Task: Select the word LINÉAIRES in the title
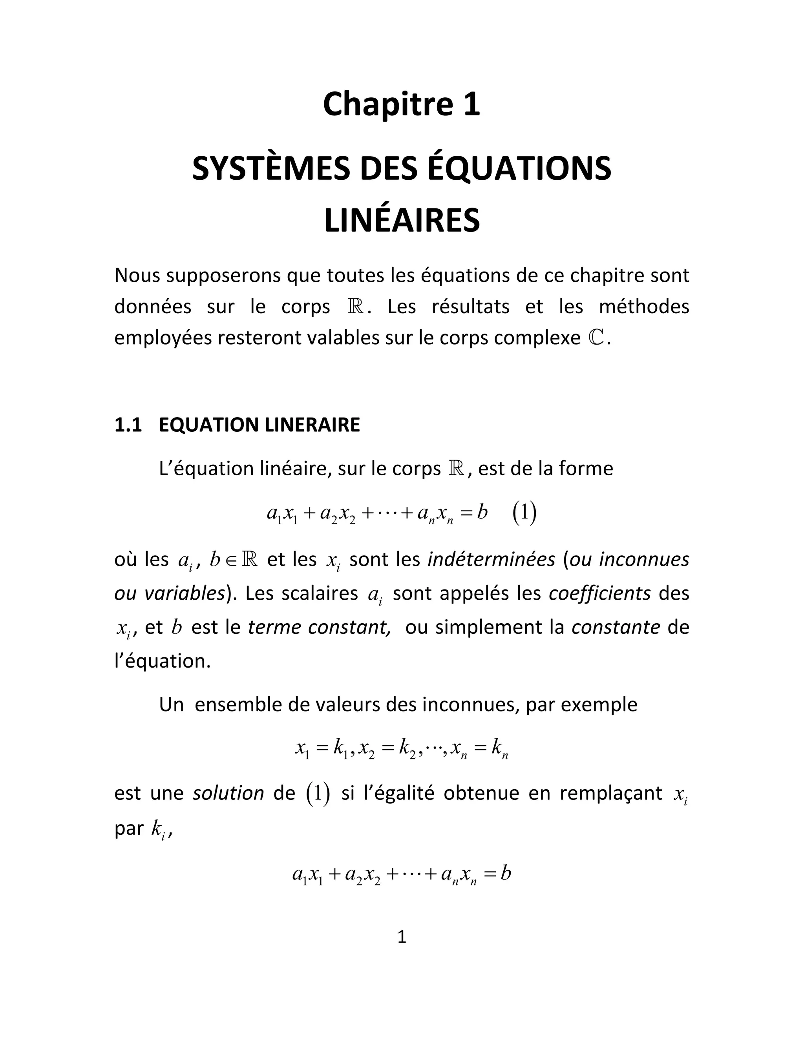[402, 221]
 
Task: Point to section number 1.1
[128, 425]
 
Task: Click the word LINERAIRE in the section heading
[312, 425]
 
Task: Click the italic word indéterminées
[492, 559]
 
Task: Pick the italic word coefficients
[600, 593]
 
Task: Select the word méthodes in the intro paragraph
[644, 307]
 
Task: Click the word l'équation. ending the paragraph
[163, 661]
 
